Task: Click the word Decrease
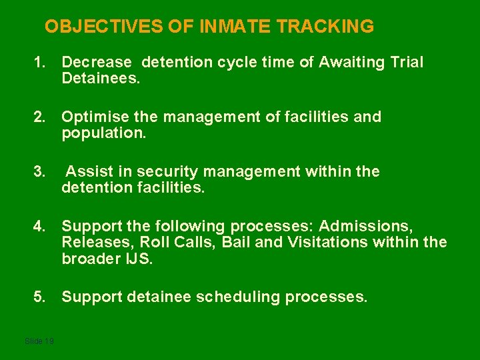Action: pyautogui.click(x=97, y=63)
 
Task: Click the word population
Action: pyautogui.click(x=103, y=133)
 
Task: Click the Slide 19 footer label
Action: pyautogui.click(x=39, y=341)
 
